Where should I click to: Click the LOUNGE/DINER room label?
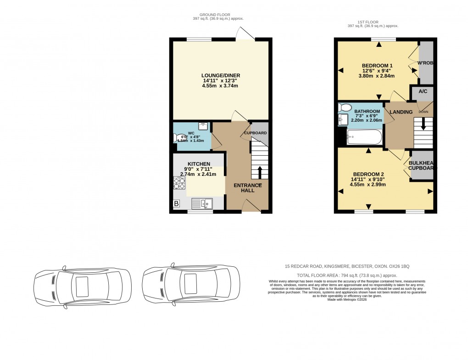pos(221,75)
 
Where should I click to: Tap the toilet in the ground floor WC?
pos(178,138)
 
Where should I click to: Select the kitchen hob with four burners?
pos(179,184)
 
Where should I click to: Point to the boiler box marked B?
pos(176,203)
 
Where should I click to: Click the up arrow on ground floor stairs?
pos(260,172)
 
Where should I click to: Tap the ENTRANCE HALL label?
pos(248,188)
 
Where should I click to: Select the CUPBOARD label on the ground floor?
pos(255,133)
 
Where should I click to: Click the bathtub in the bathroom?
pos(364,136)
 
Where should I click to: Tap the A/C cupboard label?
pos(423,91)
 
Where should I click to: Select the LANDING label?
pos(401,112)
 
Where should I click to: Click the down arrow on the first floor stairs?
pos(423,124)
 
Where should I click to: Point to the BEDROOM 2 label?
pos(368,174)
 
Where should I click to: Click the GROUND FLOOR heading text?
pos(218,15)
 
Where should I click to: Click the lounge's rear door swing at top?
pos(244,34)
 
